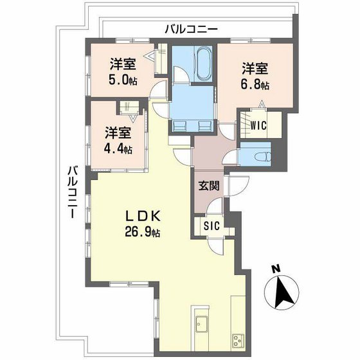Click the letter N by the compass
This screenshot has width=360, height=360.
274,269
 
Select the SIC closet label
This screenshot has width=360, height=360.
212,225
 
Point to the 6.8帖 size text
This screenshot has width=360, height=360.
255,85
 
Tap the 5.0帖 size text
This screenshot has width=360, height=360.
123,80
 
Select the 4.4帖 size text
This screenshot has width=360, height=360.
119,149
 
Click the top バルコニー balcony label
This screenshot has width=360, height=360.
191,28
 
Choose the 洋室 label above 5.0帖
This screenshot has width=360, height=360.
122,64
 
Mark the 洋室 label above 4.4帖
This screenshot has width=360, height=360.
118,133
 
